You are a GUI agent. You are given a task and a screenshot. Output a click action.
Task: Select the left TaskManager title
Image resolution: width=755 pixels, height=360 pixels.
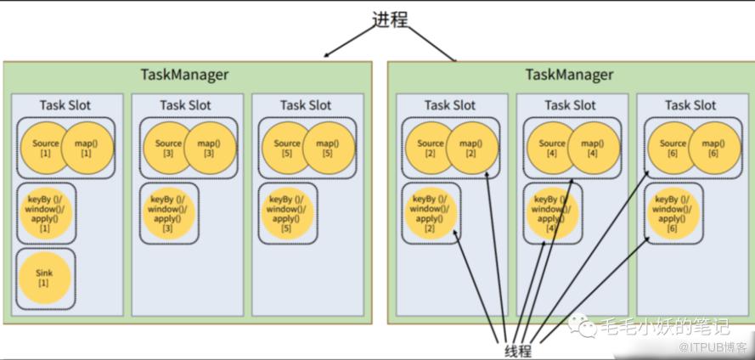pyautogui.click(x=184, y=74)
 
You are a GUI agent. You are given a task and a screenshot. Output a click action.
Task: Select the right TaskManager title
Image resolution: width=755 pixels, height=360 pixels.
pyautogui.click(x=569, y=74)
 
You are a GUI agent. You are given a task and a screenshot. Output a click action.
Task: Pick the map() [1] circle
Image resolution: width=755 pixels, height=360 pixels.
pyautogui.click(x=86, y=148)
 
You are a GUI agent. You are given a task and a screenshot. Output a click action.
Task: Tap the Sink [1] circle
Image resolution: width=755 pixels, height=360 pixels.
pyautogui.click(x=43, y=278)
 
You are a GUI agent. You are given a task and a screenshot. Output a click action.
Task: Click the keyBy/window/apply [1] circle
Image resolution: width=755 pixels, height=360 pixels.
pyautogui.click(x=44, y=214)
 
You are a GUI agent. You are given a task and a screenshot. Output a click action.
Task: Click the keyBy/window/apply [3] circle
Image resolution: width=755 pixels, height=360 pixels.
pyautogui.click(x=167, y=214)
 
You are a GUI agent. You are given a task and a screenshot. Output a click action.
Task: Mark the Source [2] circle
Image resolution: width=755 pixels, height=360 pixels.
pyautogui.click(x=430, y=148)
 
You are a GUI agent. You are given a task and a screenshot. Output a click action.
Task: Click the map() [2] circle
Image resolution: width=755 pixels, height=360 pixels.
pyautogui.click(x=470, y=148)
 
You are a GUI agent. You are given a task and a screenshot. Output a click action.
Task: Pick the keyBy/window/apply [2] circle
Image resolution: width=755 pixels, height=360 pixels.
pyautogui.click(x=430, y=214)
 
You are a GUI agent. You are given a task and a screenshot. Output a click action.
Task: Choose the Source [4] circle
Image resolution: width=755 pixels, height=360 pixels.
pyautogui.click(x=552, y=148)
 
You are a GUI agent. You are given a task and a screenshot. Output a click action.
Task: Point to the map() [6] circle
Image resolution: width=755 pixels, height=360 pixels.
pyautogui.click(x=713, y=148)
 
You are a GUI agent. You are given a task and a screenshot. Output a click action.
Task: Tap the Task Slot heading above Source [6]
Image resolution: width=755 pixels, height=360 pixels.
pyautogui.click(x=690, y=105)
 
